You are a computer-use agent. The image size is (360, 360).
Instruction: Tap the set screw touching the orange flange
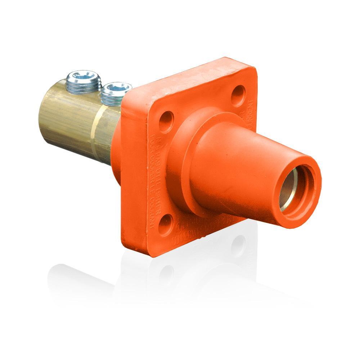(115, 93)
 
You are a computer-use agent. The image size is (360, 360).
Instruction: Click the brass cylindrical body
(68, 115)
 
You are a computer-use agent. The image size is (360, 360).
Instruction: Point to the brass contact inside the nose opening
(286, 191)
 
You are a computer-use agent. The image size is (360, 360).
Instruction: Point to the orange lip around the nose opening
(310, 202)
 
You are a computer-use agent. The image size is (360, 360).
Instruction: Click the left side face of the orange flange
(131, 180)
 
